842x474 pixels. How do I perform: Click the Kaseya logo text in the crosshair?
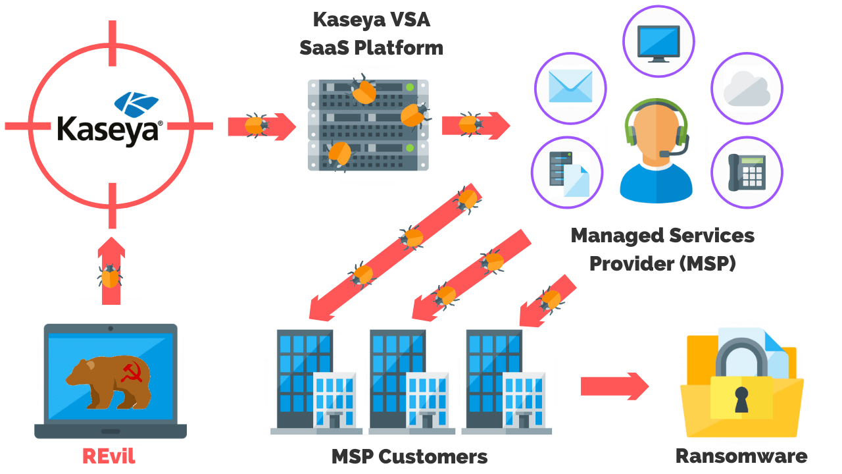109,129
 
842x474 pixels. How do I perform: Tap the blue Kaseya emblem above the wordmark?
136,104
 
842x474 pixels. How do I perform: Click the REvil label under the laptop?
109,456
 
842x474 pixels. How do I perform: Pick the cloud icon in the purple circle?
747,89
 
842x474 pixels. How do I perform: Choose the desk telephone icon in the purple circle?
747,172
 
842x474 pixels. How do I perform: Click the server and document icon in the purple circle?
567,173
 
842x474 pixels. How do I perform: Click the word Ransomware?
741,456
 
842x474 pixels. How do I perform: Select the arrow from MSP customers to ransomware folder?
614,386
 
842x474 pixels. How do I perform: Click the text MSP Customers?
409,456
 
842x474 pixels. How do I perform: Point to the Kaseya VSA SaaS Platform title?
371,33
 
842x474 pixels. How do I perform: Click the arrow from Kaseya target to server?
261,126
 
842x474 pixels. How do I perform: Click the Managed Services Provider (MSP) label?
662,249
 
